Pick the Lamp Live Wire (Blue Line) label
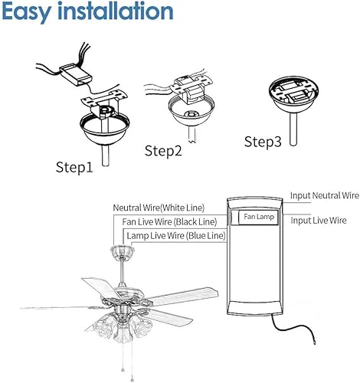(176, 236)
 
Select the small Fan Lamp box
(258, 218)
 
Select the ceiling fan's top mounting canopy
(119, 252)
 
